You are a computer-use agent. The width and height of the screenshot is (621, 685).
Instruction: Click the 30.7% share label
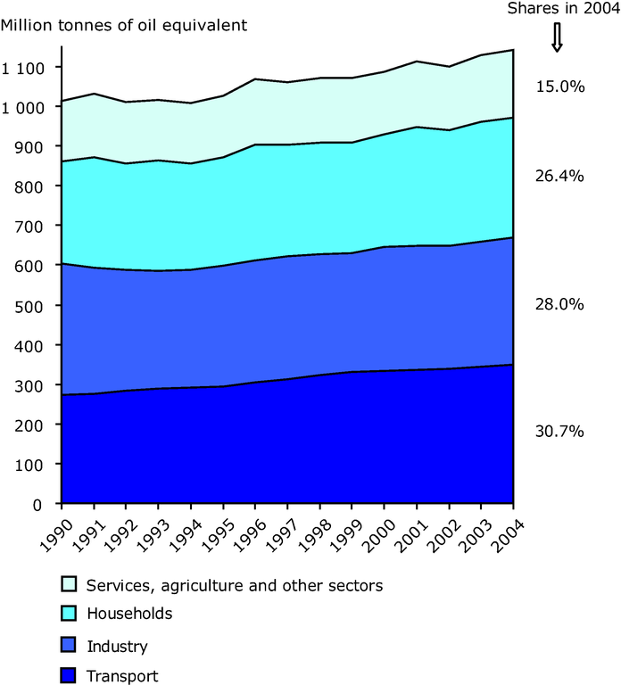click(559, 431)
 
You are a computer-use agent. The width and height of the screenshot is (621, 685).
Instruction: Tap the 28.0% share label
click(559, 304)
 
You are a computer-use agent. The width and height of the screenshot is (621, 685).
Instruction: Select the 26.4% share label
click(559, 176)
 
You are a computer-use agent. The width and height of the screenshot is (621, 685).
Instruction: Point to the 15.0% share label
click(559, 87)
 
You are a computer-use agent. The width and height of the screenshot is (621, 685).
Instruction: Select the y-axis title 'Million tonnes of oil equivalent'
click(124, 24)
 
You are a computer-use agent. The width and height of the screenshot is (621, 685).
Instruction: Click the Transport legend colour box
click(67, 675)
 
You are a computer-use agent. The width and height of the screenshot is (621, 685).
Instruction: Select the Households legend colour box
click(67, 615)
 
